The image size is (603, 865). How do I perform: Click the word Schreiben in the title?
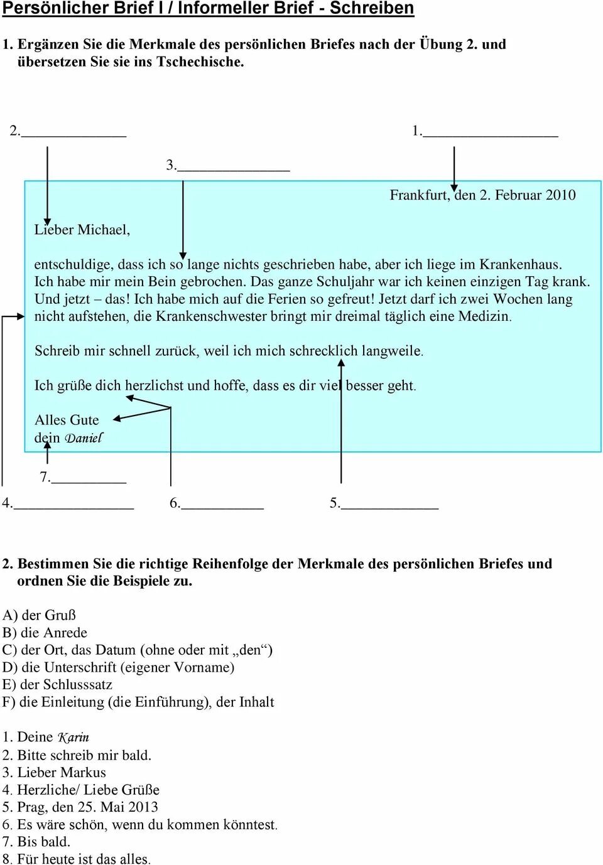[x=372, y=8]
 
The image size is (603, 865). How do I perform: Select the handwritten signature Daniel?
[x=84, y=438]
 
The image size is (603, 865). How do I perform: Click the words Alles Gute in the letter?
[x=67, y=420]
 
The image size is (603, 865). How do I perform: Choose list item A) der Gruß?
[x=39, y=615]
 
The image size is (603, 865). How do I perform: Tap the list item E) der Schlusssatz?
[x=57, y=684]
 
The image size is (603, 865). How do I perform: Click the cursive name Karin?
[x=73, y=737]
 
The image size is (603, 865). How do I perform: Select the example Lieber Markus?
[x=61, y=772]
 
